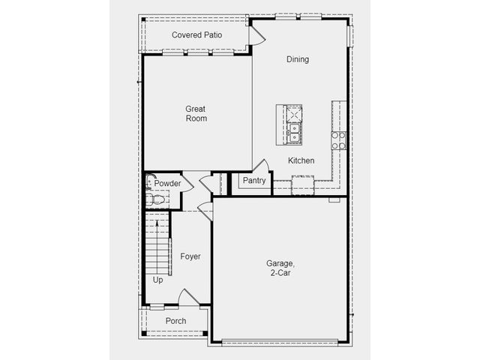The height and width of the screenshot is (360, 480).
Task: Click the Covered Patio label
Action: coord(196,35)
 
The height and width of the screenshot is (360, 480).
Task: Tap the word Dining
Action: coord(298,59)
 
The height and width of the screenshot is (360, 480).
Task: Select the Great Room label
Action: coord(196,113)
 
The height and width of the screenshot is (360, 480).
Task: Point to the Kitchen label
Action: coord(301,160)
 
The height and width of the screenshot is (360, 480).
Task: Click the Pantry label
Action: coord(254,181)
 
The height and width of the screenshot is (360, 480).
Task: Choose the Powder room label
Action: coord(167,183)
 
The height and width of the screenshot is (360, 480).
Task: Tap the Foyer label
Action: coord(190,256)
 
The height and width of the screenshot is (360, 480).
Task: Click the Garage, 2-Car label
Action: coord(280,268)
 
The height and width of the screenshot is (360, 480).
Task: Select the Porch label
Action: coord(175,321)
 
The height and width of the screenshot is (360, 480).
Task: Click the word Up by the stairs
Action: coord(157,280)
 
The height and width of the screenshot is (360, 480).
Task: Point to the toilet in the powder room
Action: coord(155,199)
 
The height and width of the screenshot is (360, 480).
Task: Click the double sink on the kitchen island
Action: coord(294,133)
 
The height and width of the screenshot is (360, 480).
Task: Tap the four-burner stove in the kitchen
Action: coord(338,140)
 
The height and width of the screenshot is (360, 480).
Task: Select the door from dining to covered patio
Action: coord(256,35)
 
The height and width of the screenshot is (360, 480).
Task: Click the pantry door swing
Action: coord(262,165)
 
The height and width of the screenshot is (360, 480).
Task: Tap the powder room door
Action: coord(187,184)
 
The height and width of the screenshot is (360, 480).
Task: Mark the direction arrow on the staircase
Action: coord(157,247)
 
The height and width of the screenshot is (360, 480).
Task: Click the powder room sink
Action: coord(150,181)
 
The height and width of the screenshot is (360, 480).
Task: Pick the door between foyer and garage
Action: coord(205,211)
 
